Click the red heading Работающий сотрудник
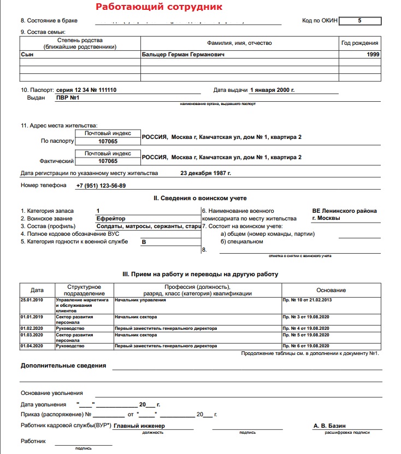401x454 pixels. (x=158, y=7)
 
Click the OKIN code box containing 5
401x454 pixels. (x=359, y=21)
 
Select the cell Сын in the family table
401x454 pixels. (x=27, y=55)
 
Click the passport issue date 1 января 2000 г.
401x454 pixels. (x=272, y=89)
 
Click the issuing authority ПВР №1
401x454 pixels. (x=68, y=98)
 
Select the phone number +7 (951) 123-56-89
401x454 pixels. (x=101, y=185)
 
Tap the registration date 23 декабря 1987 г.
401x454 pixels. (x=205, y=173)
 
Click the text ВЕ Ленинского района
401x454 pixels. (x=344, y=211)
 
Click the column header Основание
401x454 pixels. (x=331, y=290)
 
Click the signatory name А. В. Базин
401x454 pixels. (x=329, y=426)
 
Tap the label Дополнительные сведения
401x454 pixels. (x=63, y=366)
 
